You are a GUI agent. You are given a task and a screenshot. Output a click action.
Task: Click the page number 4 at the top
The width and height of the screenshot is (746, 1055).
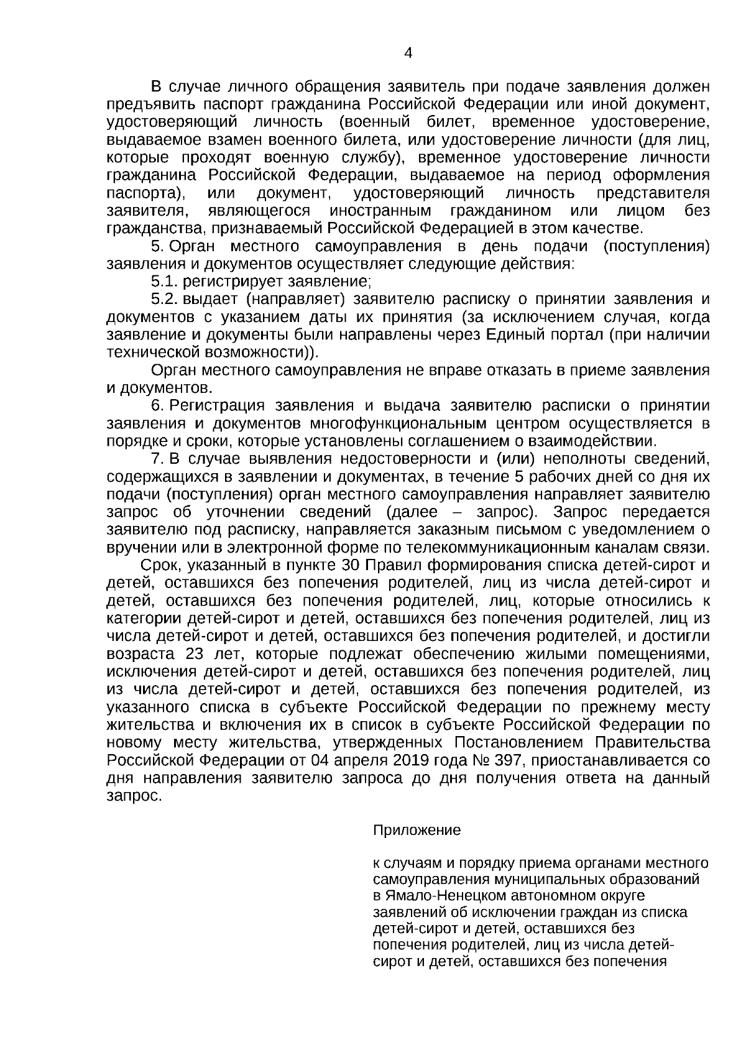click(408, 53)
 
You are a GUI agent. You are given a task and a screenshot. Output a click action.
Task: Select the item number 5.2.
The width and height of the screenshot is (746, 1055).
click(164, 300)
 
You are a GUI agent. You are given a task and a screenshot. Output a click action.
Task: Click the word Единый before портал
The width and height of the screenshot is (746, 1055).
click(516, 335)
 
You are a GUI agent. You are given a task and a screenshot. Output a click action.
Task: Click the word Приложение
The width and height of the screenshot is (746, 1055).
click(417, 831)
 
